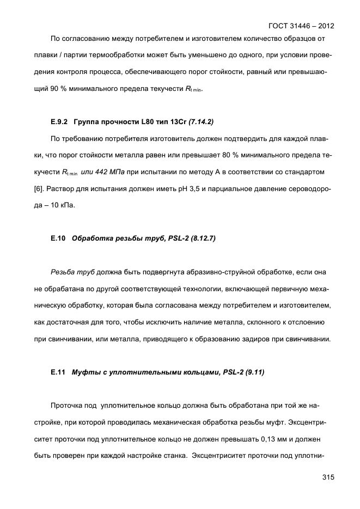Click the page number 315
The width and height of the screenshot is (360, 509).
click(327, 477)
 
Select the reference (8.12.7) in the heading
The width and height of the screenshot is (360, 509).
click(200, 237)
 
